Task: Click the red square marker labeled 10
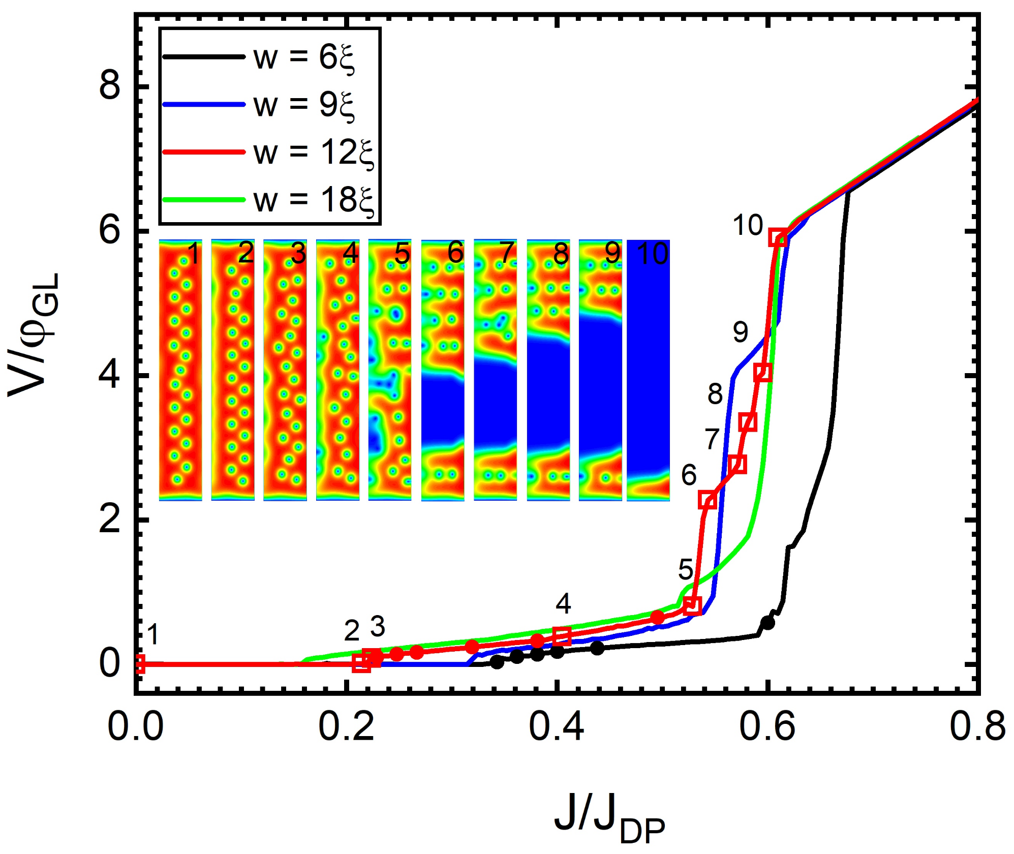click(x=779, y=237)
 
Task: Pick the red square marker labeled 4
click(x=562, y=635)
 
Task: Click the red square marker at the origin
click(x=138, y=664)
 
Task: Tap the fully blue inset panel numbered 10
click(x=648, y=370)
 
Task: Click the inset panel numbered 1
click(x=180, y=370)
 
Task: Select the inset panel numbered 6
click(x=443, y=370)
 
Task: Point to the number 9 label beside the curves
click(x=741, y=332)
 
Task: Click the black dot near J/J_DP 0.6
click(x=767, y=623)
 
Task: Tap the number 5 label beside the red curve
click(x=686, y=569)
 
